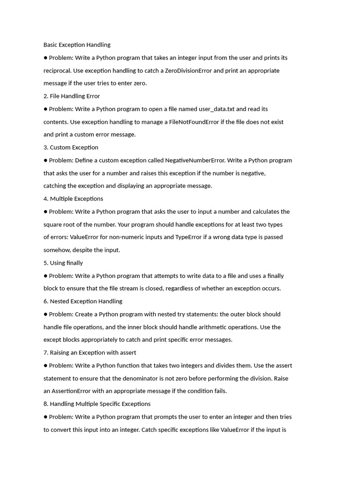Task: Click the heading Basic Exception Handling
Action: pos(77,45)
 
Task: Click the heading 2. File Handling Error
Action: pos(72,96)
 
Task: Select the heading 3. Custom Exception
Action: pos(71,148)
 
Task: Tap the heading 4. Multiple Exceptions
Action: pos(73,199)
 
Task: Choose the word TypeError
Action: pos(188,237)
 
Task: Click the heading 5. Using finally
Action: pos(63,263)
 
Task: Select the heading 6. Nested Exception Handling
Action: pos(83,301)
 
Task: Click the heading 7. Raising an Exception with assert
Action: pos(90,352)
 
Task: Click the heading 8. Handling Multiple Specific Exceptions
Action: pos(97,404)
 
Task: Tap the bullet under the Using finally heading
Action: pos(45,276)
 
